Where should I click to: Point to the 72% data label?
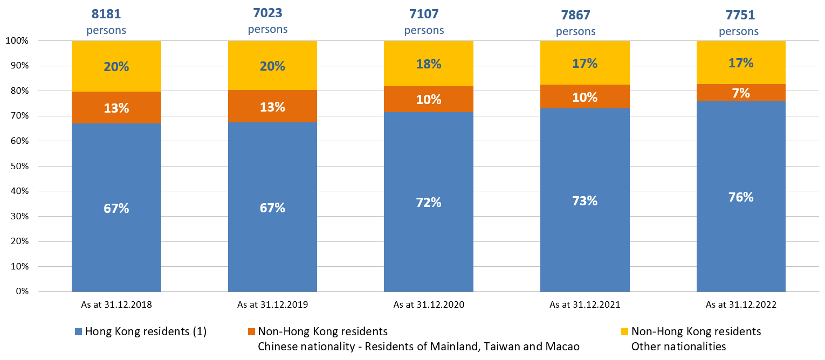coord(428,203)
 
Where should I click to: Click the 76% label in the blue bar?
coord(741,197)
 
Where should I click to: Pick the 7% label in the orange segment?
coord(741,93)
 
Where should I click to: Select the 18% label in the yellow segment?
coord(428,64)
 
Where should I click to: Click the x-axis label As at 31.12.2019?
coord(272,304)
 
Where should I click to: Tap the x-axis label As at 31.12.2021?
coord(585,304)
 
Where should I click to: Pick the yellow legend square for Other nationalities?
coord(624,331)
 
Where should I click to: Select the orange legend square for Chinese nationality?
coord(251,331)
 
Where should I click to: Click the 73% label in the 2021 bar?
coord(585,201)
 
